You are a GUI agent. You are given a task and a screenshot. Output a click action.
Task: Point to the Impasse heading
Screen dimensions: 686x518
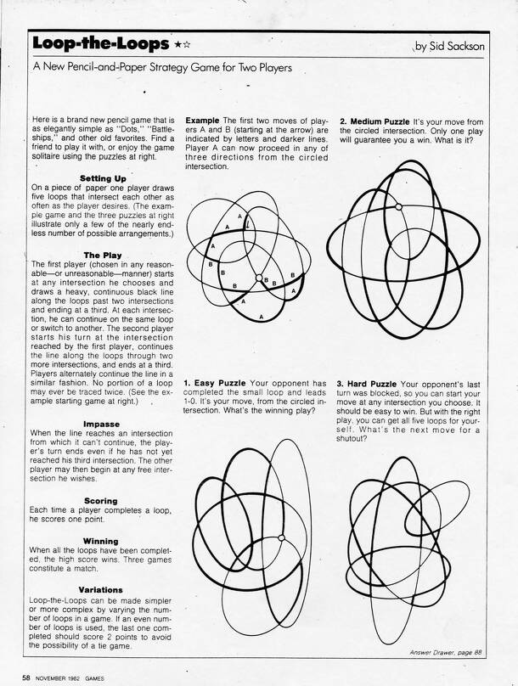[x=107, y=423]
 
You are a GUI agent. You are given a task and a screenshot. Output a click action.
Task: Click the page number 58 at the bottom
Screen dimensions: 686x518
[x=27, y=677]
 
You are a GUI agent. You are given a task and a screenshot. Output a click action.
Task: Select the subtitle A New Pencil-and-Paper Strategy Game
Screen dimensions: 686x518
[x=160, y=67]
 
